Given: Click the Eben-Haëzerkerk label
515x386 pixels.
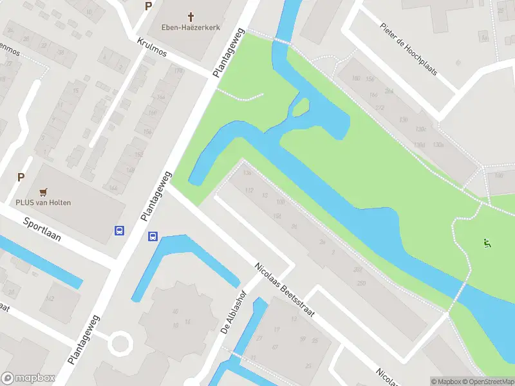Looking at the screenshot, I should (191, 28).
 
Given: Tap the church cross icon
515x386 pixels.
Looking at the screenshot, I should (191, 16).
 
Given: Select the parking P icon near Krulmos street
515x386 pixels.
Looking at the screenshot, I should (149, 6).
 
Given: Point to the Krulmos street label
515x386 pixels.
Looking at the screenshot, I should (152, 46).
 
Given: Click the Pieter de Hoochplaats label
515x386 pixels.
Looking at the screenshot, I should (408, 50).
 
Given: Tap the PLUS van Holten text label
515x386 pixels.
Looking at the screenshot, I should (44, 203).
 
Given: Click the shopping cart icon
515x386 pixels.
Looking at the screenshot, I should (43, 192).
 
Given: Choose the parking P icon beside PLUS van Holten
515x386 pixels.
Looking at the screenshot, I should (21, 178).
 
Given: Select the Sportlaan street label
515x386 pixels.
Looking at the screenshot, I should (42, 228).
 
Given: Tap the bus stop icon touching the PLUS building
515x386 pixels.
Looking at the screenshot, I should (119, 230).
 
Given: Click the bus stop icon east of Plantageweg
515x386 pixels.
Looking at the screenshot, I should (153, 236).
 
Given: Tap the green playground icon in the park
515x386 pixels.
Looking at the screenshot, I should (487, 243).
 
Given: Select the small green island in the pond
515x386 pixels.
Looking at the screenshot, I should (301, 108).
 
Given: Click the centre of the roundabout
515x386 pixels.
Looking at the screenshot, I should (119, 342).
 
